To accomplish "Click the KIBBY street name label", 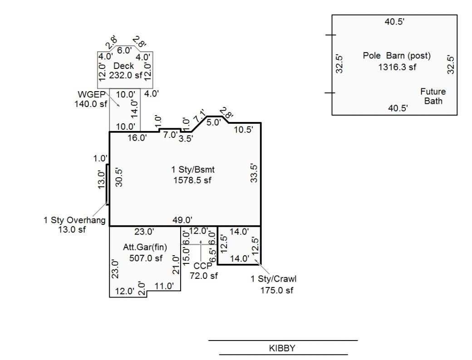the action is click(x=282, y=348).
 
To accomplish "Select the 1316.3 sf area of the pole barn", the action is click(x=397, y=67).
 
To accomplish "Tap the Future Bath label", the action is click(x=433, y=96).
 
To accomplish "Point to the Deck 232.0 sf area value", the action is click(x=126, y=75).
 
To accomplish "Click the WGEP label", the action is click(x=92, y=94).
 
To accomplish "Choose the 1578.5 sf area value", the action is click(x=192, y=180).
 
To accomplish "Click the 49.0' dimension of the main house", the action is click(x=182, y=220).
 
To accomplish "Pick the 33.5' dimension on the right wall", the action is click(x=254, y=173).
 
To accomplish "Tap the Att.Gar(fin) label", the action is click(x=145, y=247).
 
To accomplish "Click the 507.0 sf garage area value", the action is click(x=146, y=258).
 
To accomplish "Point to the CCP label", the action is click(x=203, y=266).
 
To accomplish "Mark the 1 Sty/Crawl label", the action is click(x=274, y=279).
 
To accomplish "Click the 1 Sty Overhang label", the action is click(x=74, y=220).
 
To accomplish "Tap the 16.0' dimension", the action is click(x=137, y=138).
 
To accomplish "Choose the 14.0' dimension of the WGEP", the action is click(x=134, y=109).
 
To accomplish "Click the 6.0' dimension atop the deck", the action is click(x=124, y=50).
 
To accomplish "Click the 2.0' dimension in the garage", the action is click(x=142, y=289).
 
